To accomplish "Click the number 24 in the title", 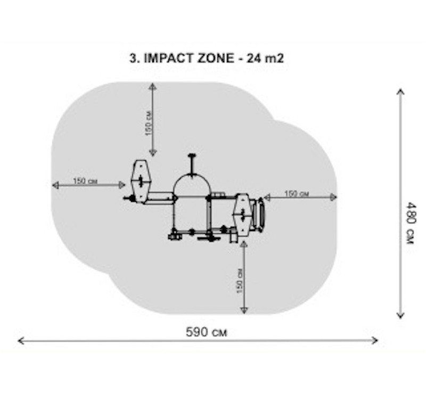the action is pos(253,58).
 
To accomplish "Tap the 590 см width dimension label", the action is pos(207,332).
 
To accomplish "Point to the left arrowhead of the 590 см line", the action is pos(21,341).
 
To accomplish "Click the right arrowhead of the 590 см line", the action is pos(375,340).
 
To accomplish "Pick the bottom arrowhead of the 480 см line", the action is pos(400,315).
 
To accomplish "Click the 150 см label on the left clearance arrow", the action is pos(85,180).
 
